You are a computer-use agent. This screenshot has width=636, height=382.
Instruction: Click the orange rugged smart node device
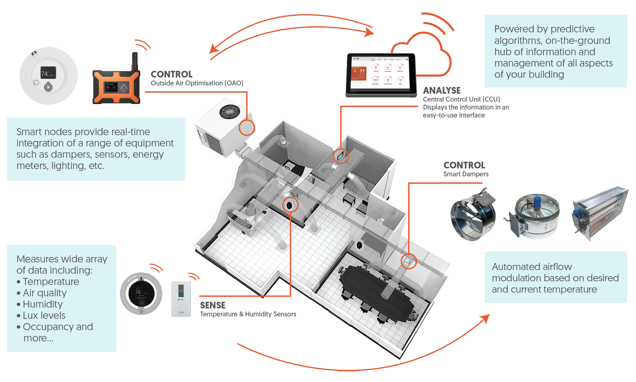(116, 87)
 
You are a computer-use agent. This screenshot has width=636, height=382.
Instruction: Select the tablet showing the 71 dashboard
(381, 74)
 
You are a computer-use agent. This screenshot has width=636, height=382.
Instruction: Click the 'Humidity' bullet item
(43, 304)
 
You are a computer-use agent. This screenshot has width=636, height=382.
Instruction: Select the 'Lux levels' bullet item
(44, 315)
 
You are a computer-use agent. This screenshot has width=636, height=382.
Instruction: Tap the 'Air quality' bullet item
(45, 293)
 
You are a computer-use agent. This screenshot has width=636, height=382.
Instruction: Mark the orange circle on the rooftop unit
(247, 128)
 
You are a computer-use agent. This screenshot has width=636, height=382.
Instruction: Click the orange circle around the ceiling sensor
(290, 205)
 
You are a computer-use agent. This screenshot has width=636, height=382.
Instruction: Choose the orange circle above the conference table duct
(408, 261)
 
